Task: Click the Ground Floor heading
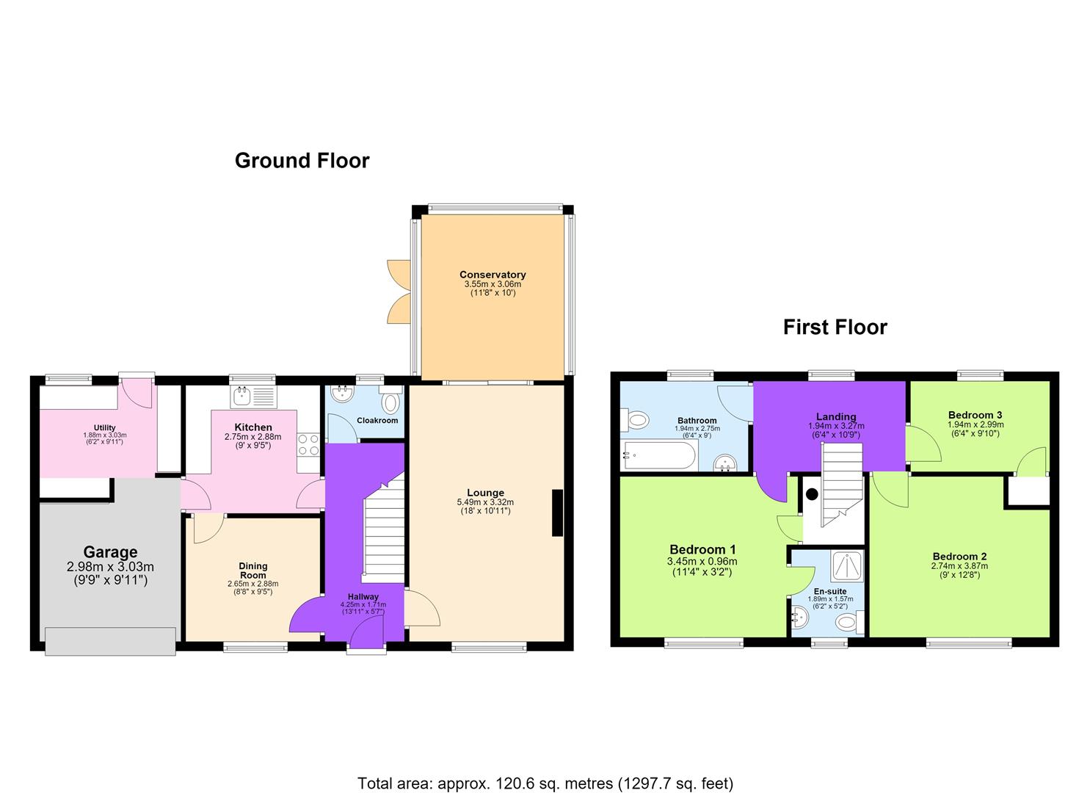pyautogui.click(x=302, y=161)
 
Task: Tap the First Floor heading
pyautogui.click(x=835, y=327)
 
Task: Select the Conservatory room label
pyautogui.click(x=493, y=275)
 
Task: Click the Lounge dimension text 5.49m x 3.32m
pyautogui.click(x=485, y=502)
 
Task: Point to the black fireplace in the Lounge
pyautogui.click(x=557, y=513)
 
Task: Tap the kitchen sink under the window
pyautogui.click(x=253, y=396)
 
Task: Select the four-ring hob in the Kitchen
pyautogui.click(x=308, y=445)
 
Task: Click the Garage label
pyautogui.click(x=110, y=552)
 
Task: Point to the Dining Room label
pyautogui.click(x=253, y=571)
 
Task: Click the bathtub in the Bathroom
pyautogui.click(x=659, y=456)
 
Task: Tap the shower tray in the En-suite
pyautogui.click(x=848, y=566)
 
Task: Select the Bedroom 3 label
pyautogui.click(x=975, y=416)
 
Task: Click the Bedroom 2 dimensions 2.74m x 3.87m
pyautogui.click(x=959, y=565)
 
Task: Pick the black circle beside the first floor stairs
pyautogui.click(x=812, y=494)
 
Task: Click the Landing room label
pyautogui.click(x=836, y=417)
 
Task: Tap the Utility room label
pyautogui.click(x=105, y=427)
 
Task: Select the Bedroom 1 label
pyautogui.click(x=702, y=550)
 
